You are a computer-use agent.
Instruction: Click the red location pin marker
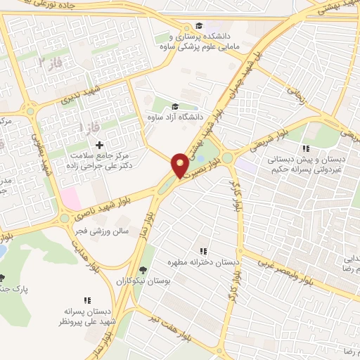[x=180, y=165]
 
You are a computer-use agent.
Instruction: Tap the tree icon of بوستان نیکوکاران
[x=143, y=270]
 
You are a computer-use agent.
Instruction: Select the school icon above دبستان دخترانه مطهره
[x=203, y=251]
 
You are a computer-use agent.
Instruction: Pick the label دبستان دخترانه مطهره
[x=203, y=262]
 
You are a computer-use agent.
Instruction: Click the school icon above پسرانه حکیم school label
[x=305, y=149]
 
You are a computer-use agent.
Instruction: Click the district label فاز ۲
[x=54, y=65]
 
